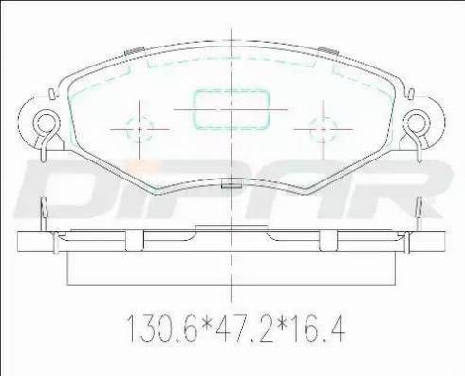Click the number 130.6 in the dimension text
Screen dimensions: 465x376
point(162,329)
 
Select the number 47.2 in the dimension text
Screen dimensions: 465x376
point(244,329)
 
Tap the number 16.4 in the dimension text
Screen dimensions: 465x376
point(317,329)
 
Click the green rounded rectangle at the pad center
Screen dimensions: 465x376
point(231,109)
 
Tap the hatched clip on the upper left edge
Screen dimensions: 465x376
point(135,51)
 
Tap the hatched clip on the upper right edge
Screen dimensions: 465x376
point(328,51)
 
